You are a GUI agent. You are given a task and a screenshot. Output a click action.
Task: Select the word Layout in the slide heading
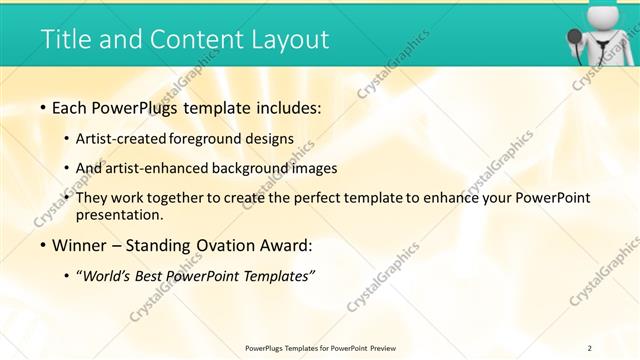pos(286,39)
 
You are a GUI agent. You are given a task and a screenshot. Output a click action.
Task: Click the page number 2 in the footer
pos(590,347)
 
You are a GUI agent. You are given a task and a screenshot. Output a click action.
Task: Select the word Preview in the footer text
pos(390,347)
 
